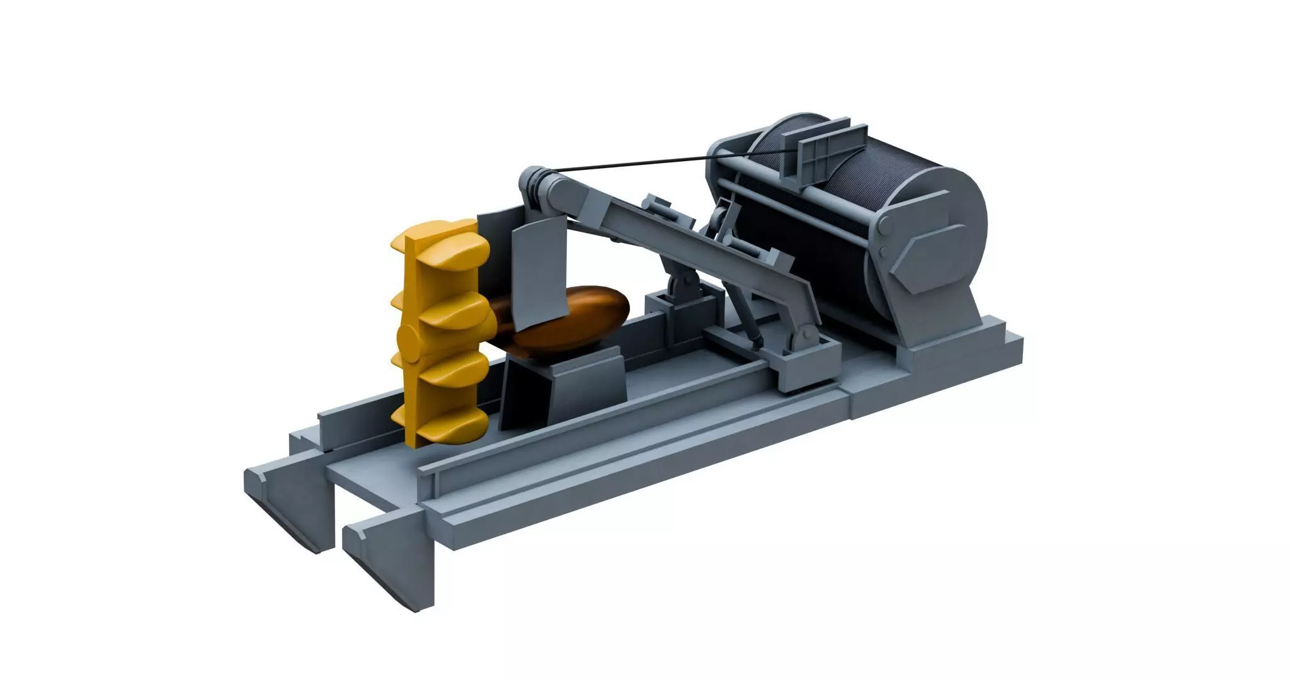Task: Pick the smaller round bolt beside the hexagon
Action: (x=883, y=252)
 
